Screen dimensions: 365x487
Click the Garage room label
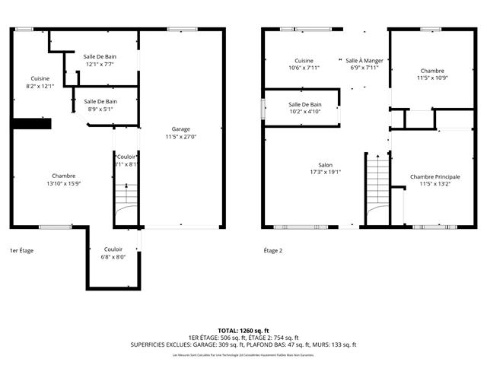[181, 133]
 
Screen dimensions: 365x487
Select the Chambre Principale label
[434, 180]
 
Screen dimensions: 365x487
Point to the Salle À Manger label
[364, 64]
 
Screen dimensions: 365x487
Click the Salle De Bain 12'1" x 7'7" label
[100, 61]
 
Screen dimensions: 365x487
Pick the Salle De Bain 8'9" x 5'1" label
[100, 106]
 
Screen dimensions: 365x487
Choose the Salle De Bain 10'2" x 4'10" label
[304, 109]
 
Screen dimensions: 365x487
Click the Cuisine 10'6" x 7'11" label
[304, 64]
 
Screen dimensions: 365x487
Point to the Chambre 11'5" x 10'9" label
[432, 74]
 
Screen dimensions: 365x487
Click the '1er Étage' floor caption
[21, 250]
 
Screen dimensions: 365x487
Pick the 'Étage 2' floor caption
[272, 250]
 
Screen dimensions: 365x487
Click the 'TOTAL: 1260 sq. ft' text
[243, 331]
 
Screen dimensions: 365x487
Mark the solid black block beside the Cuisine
[30, 124]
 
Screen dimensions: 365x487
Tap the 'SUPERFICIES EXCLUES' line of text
[243, 344]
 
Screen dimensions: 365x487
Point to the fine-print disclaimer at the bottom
[243, 355]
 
